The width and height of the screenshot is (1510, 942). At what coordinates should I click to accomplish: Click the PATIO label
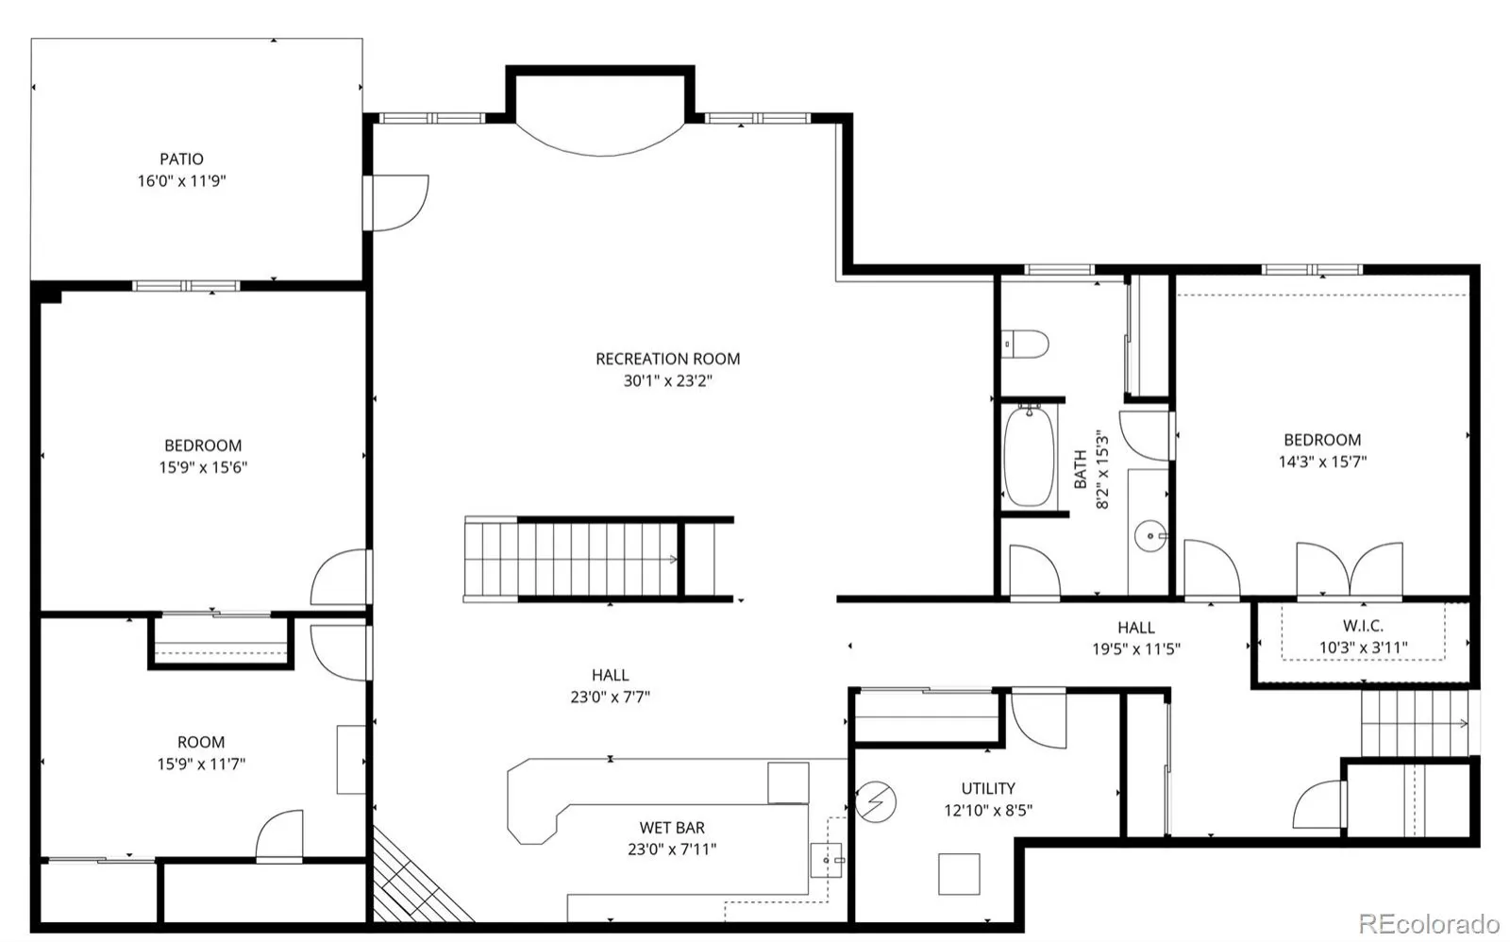point(181,160)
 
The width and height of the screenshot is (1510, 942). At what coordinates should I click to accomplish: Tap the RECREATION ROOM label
point(667,359)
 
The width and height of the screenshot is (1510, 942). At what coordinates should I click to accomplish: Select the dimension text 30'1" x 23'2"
point(667,381)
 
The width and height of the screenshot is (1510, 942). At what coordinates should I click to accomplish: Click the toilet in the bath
point(1025,344)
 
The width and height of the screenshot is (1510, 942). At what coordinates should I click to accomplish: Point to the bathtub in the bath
point(1029,455)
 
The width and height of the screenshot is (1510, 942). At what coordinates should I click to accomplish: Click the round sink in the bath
point(1150,536)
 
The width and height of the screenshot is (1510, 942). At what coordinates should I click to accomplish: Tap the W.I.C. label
point(1363,626)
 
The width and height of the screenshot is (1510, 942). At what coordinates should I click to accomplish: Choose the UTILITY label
point(987,788)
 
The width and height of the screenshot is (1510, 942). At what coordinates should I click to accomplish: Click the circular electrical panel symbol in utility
point(876,801)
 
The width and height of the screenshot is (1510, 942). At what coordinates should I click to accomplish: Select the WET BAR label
point(672,828)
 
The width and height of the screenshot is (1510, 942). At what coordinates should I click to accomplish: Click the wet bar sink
point(827,860)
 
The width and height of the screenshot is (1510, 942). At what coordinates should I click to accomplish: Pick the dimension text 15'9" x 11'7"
point(201,764)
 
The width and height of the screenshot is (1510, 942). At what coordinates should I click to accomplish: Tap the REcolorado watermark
point(1429,923)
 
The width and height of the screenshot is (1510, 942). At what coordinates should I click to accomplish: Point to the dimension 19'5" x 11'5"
point(1136,649)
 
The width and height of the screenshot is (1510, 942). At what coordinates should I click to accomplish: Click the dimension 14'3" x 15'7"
point(1322,462)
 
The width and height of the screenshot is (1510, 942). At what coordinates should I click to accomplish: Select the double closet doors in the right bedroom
point(1350,569)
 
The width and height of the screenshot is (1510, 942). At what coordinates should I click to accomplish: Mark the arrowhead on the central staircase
point(673,559)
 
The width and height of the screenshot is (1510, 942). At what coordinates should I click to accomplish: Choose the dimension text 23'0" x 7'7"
point(610,698)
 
